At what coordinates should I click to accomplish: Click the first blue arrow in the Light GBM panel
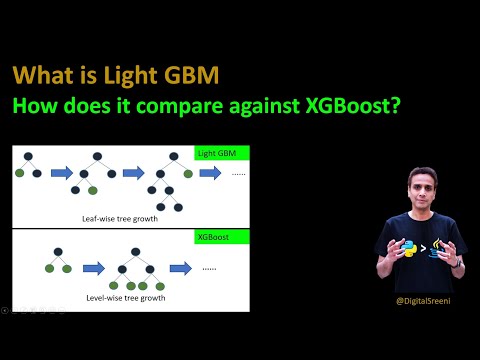tap(62, 172)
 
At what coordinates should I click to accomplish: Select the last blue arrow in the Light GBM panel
tap(210, 172)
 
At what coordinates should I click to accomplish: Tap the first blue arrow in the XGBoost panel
tap(95, 268)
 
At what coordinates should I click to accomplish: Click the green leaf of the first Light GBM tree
tap(21, 172)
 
